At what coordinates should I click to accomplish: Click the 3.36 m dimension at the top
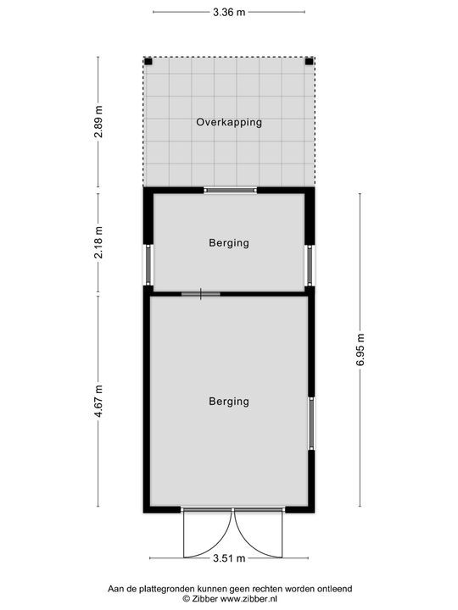(x=229, y=12)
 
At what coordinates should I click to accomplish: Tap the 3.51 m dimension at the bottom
(x=229, y=558)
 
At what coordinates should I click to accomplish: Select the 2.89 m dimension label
(x=99, y=122)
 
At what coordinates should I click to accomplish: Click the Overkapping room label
(x=229, y=122)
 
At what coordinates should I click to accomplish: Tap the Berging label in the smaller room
(x=229, y=243)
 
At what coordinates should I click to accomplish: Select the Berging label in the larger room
(x=229, y=402)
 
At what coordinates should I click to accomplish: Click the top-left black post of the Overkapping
(x=148, y=62)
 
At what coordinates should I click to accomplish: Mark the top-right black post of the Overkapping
(x=310, y=62)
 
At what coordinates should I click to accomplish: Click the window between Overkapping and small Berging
(x=230, y=191)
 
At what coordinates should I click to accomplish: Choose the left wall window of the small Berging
(x=148, y=265)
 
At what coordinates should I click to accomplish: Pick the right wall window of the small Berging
(x=310, y=265)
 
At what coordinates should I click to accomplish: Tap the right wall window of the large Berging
(x=311, y=424)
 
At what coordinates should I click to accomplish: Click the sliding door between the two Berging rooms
(x=201, y=294)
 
